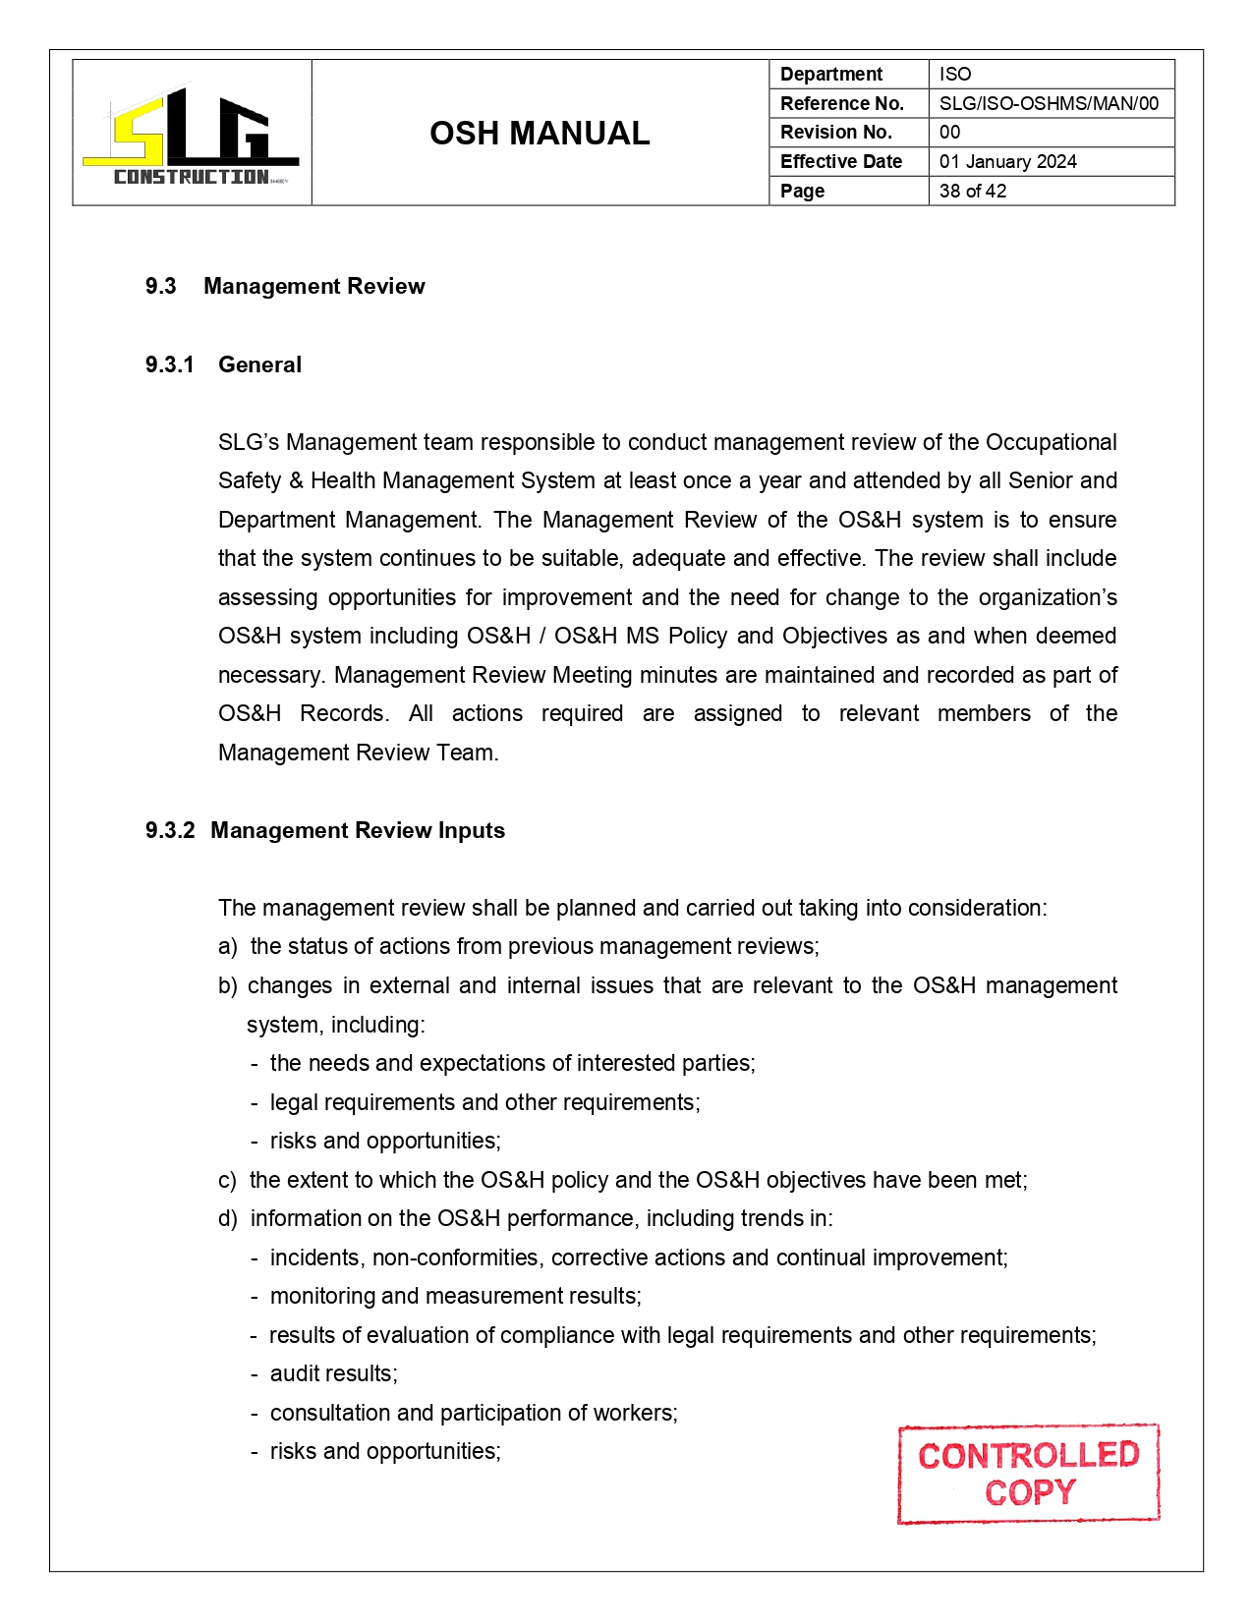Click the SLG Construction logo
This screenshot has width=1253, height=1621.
pos(192,135)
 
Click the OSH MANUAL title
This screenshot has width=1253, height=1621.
pos(540,134)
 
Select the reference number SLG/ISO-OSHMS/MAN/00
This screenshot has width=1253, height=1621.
pos(1048,103)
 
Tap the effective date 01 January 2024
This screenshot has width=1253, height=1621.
pos(1007,162)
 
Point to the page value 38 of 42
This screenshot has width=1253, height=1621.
pos(972,192)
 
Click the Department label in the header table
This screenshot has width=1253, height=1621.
pos(830,75)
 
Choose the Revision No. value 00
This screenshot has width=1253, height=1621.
pos(949,133)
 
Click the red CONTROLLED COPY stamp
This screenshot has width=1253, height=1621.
pos(1028,1474)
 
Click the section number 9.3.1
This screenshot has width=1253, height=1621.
pos(169,365)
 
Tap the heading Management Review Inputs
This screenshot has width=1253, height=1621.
pos(358,831)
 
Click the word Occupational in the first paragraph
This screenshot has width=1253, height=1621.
pos(1051,443)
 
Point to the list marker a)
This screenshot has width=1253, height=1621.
pos(227,947)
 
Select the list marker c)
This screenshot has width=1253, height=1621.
pos(227,1181)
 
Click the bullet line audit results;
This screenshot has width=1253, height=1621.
pos(333,1374)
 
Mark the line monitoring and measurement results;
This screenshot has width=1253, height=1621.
pos(455,1297)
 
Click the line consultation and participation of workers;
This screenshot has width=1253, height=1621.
pos(473,1414)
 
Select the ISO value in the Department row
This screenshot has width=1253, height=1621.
pos(954,75)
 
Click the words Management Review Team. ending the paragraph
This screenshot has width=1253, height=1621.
pos(358,754)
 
